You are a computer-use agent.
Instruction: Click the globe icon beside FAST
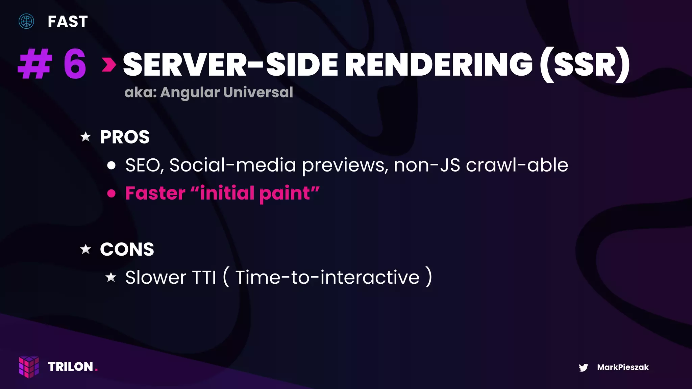26,21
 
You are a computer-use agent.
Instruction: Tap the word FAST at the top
68,22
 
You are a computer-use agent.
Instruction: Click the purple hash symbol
35,64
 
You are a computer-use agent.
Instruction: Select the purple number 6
75,64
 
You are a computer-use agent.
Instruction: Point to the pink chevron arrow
109,64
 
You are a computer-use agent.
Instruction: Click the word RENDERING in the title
439,64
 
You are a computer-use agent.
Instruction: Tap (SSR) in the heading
585,64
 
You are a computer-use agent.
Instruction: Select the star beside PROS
86,137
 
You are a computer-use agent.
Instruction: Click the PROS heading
125,137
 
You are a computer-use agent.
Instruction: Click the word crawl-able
517,165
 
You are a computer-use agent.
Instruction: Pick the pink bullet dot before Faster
112,193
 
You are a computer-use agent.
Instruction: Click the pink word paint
285,193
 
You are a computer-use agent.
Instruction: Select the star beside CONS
86,249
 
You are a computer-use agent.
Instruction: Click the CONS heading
127,250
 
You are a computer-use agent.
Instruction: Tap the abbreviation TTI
204,278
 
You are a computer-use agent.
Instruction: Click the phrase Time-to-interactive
327,278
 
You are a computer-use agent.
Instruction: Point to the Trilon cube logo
29,367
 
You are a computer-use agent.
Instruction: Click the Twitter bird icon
583,367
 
